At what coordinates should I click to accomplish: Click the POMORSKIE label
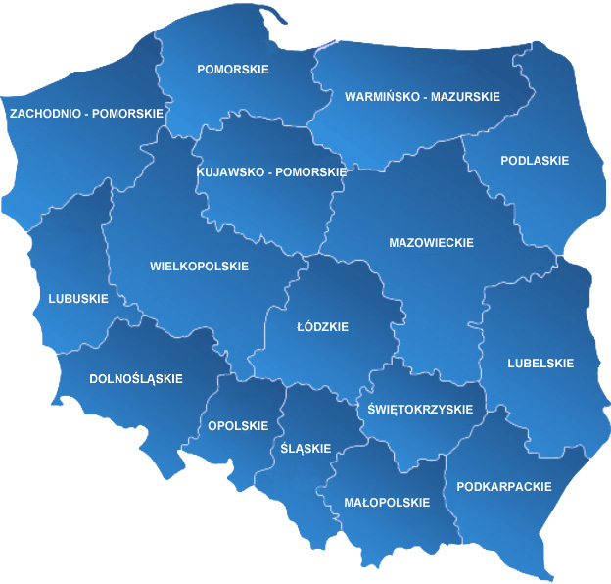point(233,70)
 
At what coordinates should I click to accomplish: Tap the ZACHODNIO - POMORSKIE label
point(86,114)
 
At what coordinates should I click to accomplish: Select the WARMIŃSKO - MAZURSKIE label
point(422,97)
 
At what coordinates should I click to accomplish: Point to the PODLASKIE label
point(535,161)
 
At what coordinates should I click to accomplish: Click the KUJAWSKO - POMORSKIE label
point(271,171)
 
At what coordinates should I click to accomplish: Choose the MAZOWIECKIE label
point(431,243)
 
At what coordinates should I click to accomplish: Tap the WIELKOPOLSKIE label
point(200,267)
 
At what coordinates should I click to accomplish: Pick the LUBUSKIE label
point(78,299)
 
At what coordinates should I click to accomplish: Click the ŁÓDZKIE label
point(322,327)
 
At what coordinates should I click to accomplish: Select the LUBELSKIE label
point(540,364)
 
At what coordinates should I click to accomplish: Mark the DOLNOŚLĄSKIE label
point(136,378)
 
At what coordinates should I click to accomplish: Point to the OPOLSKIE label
point(238,426)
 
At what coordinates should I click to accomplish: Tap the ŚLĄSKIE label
point(305,449)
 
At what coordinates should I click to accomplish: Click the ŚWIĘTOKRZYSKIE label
point(420,410)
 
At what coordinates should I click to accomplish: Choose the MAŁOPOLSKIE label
point(387,503)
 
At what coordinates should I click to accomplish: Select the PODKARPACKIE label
point(504,487)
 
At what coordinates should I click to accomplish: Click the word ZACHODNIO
point(44,114)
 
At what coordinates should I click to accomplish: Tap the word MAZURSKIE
point(464,97)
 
